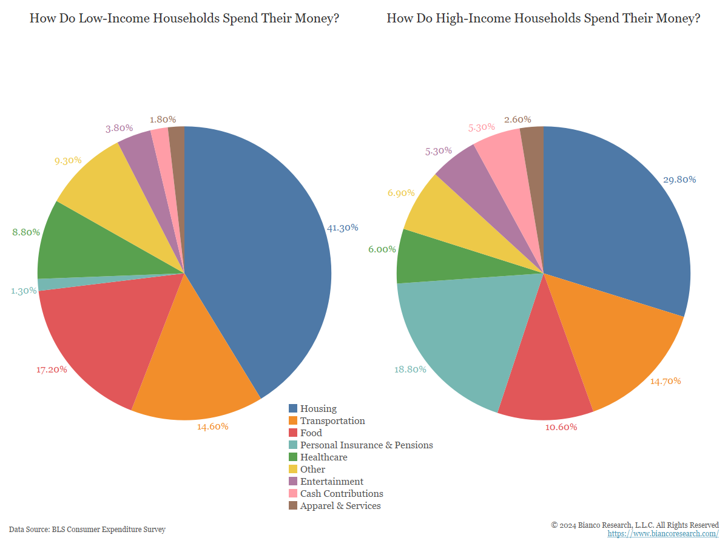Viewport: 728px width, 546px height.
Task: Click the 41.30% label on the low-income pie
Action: pos(343,228)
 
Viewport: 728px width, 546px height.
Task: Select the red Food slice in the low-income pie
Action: pos(103,340)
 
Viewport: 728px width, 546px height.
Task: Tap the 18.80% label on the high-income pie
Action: pos(410,369)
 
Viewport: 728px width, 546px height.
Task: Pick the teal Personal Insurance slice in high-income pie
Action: pos(461,334)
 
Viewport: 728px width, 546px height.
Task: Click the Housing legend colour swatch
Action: pos(293,409)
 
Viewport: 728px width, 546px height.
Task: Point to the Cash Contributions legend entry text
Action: pos(342,494)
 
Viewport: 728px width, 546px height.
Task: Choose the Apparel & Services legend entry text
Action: pos(340,506)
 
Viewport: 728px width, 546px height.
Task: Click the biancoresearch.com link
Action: pos(663,534)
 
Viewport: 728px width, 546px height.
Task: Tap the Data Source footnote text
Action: pos(87,530)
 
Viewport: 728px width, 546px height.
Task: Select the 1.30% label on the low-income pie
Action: pos(24,291)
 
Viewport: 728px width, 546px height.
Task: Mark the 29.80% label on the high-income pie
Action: pos(680,180)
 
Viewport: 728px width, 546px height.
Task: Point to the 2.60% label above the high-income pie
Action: pos(517,120)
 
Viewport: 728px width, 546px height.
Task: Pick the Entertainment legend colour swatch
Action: pos(293,482)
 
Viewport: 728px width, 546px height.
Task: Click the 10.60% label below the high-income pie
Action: pos(561,427)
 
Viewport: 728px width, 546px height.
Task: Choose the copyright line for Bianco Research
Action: pos(635,525)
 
